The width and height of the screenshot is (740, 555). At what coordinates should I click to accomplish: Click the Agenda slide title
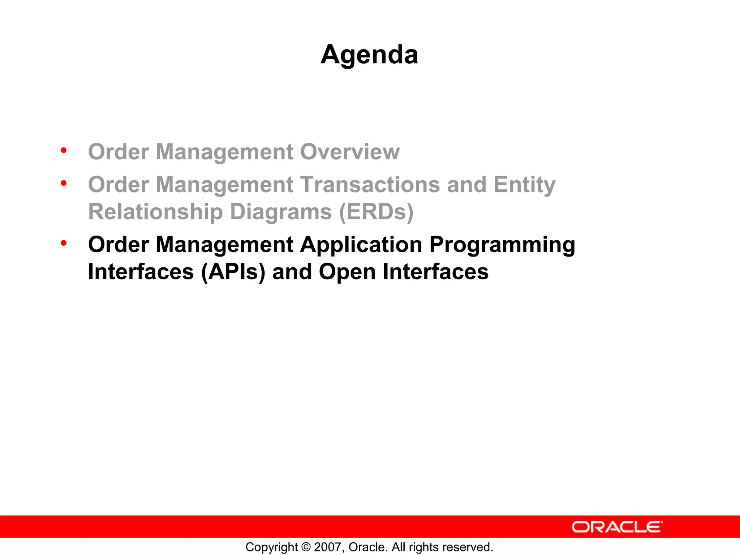click(x=369, y=55)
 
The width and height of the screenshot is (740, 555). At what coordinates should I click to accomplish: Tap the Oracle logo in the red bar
click(x=617, y=527)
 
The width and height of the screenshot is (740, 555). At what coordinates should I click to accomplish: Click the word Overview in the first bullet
click(x=350, y=151)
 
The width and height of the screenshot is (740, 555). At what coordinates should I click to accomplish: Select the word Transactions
click(x=370, y=185)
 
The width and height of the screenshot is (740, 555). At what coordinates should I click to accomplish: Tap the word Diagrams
click(x=281, y=212)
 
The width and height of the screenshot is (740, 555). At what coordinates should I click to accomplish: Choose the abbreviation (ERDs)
click(x=376, y=212)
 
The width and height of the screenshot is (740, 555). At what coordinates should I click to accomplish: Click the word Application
click(x=361, y=245)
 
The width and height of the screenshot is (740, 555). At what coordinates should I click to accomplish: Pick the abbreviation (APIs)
click(x=233, y=272)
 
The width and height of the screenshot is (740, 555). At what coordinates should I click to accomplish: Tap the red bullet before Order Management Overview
click(x=64, y=150)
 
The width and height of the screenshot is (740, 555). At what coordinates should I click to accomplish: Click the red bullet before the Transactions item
click(x=64, y=183)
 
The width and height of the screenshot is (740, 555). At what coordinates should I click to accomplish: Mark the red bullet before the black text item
click(x=64, y=243)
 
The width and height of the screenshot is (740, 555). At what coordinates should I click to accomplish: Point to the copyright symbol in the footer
click(x=306, y=547)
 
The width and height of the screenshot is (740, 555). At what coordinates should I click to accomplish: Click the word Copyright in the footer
click(x=271, y=547)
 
